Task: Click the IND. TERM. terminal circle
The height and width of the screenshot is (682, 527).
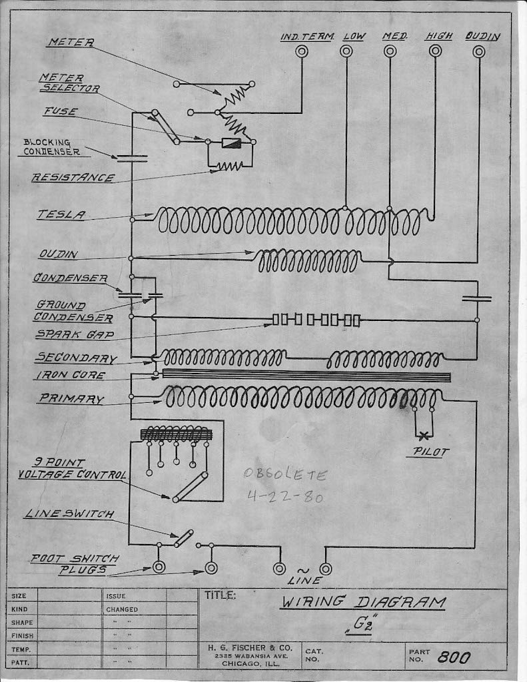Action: [302, 51]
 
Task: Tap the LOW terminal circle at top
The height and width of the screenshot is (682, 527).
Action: [346, 51]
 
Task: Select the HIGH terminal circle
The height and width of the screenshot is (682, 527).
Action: [435, 51]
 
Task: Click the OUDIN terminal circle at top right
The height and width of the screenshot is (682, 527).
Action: [478, 51]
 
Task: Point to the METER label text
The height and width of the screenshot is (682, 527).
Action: [70, 42]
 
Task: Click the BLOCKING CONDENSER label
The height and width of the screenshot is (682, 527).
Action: [52, 147]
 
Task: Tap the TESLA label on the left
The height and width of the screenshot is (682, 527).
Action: [61, 214]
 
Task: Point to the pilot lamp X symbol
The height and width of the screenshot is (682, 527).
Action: [424, 436]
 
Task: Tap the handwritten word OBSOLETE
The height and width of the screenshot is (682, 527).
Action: [285, 476]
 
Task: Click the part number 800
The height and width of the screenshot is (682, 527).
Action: [454, 658]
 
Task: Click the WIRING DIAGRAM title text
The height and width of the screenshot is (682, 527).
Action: [362, 603]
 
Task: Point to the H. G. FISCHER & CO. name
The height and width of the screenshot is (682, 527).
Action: [247, 647]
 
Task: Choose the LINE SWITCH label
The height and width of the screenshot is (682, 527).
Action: [69, 514]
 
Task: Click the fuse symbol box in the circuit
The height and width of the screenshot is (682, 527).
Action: [231, 143]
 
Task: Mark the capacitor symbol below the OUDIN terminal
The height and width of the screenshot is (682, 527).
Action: [476, 299]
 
